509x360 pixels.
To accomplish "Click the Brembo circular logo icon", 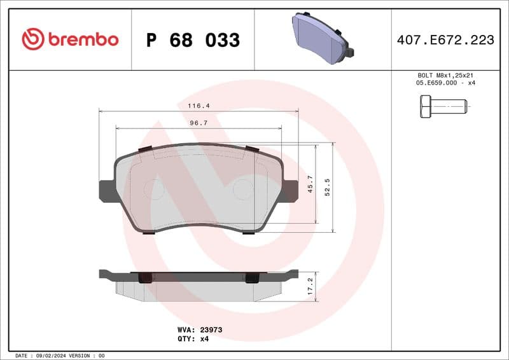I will pos(32,39).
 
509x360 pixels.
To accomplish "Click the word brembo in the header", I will pos(82,39).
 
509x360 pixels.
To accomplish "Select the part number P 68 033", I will pos(193,40).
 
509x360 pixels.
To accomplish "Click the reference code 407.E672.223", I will pos(445,40).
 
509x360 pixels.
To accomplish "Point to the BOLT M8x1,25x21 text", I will pos(445,75).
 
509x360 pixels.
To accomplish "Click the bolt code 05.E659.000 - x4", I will pos(445,83).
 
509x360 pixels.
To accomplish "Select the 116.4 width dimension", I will pos(199,106).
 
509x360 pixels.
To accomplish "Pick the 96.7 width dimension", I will pos(199,123).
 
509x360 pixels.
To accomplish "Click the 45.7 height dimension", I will pos(310,184).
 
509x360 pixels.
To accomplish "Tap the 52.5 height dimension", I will pos(328,188).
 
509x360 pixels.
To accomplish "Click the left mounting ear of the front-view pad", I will pos(106,190).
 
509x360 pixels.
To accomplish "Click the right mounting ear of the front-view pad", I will pos(290,190).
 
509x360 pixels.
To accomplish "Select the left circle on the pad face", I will pos(154,189).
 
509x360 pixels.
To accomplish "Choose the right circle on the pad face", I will pos(242,189).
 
